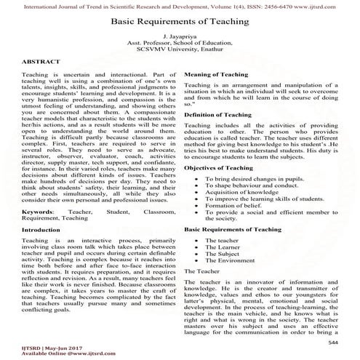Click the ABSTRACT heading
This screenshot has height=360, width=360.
click(x=41, y=63)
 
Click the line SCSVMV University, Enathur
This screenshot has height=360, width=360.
click(x=180, y=52)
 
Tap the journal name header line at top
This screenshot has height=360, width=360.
click(x=180, y=6)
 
